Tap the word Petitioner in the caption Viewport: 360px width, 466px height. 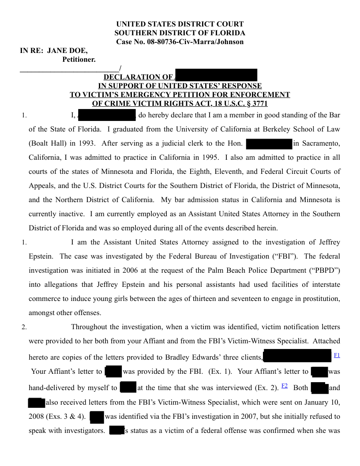click(x=79, y=59)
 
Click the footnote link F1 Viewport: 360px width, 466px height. click(x=337, y=355)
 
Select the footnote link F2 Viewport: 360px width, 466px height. click(x=285, y=385)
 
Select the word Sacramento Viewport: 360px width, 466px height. click(x=321, y=143)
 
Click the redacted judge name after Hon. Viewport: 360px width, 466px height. click(x=269, y=143)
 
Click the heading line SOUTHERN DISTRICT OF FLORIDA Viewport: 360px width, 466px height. click(x=180, y=33)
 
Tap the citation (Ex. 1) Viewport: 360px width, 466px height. click(x=220, y=372)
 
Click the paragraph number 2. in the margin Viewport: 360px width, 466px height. click(x=25, y=327)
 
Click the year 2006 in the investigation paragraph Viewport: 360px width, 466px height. click(x=131, y=271)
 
